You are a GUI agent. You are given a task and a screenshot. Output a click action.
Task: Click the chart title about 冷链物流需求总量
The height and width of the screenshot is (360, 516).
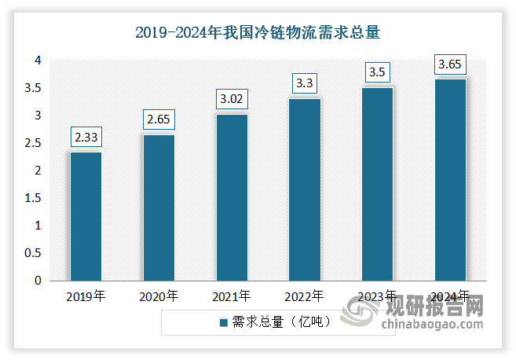pos(258,32)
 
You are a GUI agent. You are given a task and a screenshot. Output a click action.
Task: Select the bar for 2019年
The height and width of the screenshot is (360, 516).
pos(86,216)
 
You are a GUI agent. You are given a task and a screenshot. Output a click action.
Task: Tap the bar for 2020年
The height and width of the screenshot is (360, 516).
pos(159,208)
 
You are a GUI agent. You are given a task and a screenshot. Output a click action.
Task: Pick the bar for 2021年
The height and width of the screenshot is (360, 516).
pos(232,197)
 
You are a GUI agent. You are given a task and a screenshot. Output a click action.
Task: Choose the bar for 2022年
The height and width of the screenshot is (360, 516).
pos(305,189)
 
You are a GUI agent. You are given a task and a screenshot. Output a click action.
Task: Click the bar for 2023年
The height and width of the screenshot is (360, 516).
pos(378,184)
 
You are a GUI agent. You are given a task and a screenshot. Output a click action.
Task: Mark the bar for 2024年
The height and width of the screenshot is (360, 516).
pos(451,180)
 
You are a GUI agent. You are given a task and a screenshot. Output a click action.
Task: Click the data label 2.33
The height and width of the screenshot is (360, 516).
pos(86,137)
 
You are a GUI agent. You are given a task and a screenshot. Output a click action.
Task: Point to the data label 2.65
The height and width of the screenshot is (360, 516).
pos(159,119)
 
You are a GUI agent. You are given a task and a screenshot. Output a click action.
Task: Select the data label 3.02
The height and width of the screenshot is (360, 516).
pos(232,99)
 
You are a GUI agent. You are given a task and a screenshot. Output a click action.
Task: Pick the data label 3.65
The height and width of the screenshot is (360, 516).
pos(451,64)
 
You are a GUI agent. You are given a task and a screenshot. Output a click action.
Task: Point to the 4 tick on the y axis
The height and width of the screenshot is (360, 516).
pos(37,61)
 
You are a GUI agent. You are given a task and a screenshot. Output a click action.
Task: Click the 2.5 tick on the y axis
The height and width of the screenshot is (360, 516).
pos(32,143)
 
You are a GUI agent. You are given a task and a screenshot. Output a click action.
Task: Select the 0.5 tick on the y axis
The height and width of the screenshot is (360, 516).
pos(32,253)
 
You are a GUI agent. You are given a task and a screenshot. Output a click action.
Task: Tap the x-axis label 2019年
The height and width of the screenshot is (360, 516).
pos(86,297)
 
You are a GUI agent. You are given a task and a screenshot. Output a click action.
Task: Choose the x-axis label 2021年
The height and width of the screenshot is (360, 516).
pos(232,297)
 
